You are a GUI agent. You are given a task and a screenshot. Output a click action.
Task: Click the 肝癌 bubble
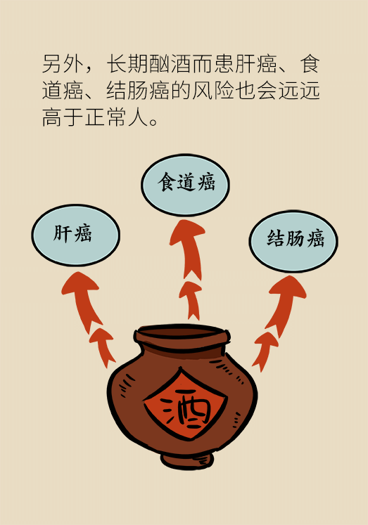click(76, 235)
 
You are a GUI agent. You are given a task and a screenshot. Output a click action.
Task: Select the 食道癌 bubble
click(185, 185)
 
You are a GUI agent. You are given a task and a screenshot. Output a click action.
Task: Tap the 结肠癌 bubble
click(293, 241)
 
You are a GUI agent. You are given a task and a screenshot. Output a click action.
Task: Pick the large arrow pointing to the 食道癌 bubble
click(189, 248)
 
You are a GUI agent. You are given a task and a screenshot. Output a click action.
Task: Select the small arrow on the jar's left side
click(103, 346)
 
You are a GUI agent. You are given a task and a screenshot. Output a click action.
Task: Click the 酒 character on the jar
click(184, 408)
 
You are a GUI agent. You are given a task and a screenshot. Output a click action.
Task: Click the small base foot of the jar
click(186, 460)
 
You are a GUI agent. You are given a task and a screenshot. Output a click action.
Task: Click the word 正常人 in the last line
click(117, 117)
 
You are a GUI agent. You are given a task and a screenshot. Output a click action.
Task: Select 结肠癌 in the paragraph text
click(138, 91)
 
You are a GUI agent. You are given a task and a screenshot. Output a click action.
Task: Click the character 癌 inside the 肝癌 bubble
click(83, 233)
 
